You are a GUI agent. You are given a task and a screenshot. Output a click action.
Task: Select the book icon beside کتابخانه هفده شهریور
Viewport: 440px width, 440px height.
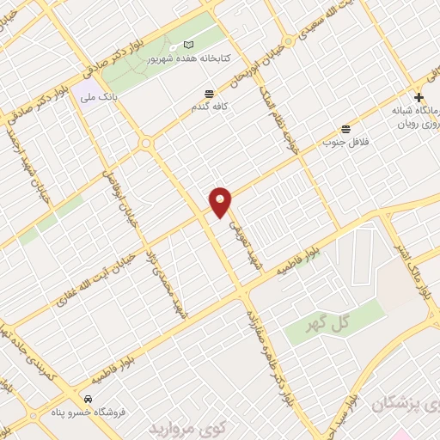[190, 44]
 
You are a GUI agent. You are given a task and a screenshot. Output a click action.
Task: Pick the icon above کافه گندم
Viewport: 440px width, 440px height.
[209, 95]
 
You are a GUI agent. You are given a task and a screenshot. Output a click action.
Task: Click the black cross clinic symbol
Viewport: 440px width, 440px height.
[419, 97]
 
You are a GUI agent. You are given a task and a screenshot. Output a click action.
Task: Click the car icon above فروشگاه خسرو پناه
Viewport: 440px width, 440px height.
[89, 400]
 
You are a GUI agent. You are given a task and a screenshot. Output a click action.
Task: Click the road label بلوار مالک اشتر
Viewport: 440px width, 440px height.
[424, 262]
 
